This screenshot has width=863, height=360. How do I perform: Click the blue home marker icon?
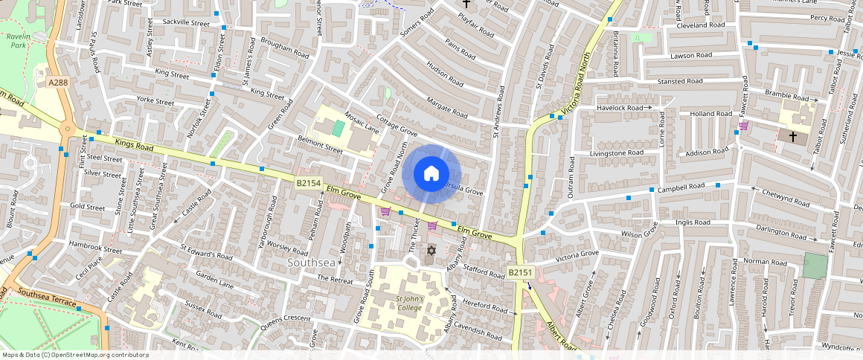(431, 174)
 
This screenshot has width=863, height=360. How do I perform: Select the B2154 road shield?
(308, 183)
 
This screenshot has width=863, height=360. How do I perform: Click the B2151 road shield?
(519, 273)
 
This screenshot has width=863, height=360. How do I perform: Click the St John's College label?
(409, 303)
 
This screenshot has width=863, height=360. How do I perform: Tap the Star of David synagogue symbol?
(430, 251)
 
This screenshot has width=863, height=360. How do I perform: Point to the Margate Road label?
(447, 109)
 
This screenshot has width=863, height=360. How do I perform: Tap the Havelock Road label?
(619, 108)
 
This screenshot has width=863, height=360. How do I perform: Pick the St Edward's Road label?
(207, 251)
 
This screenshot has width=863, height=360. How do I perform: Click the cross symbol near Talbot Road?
(792, 137)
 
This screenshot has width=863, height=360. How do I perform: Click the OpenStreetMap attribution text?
(74, 355)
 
